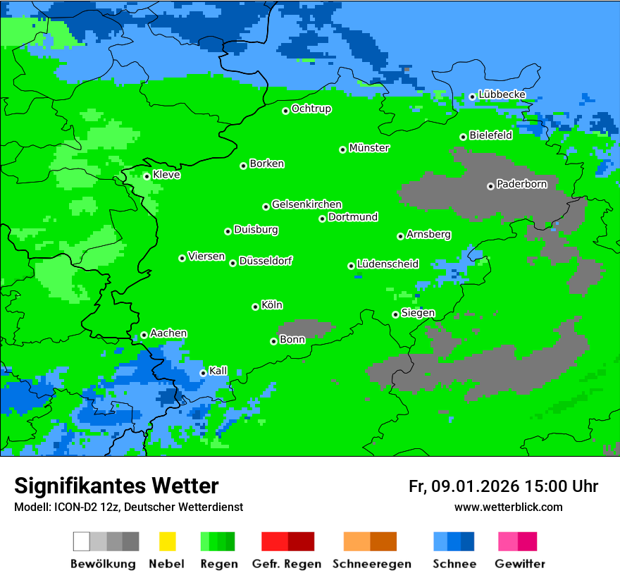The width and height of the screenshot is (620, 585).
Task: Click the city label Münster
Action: click(369, 148)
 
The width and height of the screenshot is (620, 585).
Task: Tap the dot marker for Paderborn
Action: click(490, 186)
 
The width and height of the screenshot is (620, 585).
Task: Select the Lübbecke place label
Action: click(502, 94)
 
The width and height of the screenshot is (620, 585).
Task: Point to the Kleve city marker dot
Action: click(147, 176)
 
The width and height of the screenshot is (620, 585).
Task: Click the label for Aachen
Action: click(168, 333)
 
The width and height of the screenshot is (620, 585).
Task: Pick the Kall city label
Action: click(218, 371)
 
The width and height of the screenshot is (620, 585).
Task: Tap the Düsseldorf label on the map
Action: click(266, 261)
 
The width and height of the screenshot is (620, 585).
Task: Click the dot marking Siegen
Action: click(395, 314)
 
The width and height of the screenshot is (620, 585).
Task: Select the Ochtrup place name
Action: click(311, 109)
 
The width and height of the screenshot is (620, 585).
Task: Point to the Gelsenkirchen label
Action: click(306, 204)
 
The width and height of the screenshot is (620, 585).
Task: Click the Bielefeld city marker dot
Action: click(463, 137)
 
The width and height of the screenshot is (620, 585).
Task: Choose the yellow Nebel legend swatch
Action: click(167, 541)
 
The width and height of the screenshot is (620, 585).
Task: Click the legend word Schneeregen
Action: click(370, 564)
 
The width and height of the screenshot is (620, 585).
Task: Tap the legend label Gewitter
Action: click(520, 564)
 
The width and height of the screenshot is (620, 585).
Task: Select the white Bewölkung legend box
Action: click(82, 541)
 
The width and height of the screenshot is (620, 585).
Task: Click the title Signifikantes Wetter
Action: click(116, 486)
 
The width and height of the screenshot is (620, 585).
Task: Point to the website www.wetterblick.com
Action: click(508, 507)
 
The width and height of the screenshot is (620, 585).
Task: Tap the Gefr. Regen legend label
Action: click(287, 564)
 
